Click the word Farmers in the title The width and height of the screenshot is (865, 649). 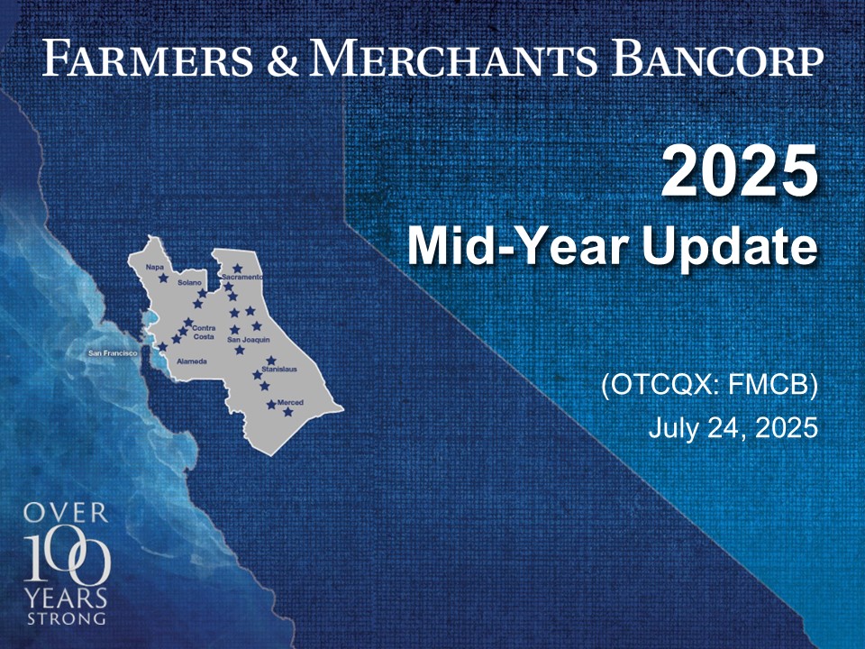(147, 58)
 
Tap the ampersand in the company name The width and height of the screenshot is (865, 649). (282, 59)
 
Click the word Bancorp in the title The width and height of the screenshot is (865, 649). (717, 58)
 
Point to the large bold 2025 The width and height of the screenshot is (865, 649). (739, 170)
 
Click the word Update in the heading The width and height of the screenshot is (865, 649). (730, 246)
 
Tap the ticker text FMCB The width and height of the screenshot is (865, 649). (772, 385)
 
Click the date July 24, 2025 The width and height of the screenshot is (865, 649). (733, 427)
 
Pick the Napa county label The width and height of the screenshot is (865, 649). (154, 267)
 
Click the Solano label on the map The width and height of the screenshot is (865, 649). (189, 282)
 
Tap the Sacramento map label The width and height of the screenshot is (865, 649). (242, 277)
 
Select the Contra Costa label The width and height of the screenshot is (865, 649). (204, 333)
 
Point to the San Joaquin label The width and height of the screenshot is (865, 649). (249, 340)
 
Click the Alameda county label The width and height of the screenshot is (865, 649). (191, 361)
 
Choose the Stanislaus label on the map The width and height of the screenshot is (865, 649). (279, 369)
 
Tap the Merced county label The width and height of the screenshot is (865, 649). (290, 402)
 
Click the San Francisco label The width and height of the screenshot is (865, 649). (113, 352)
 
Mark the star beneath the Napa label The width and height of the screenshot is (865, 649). (163, 279)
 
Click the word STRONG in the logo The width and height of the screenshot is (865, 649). (66, 618)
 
